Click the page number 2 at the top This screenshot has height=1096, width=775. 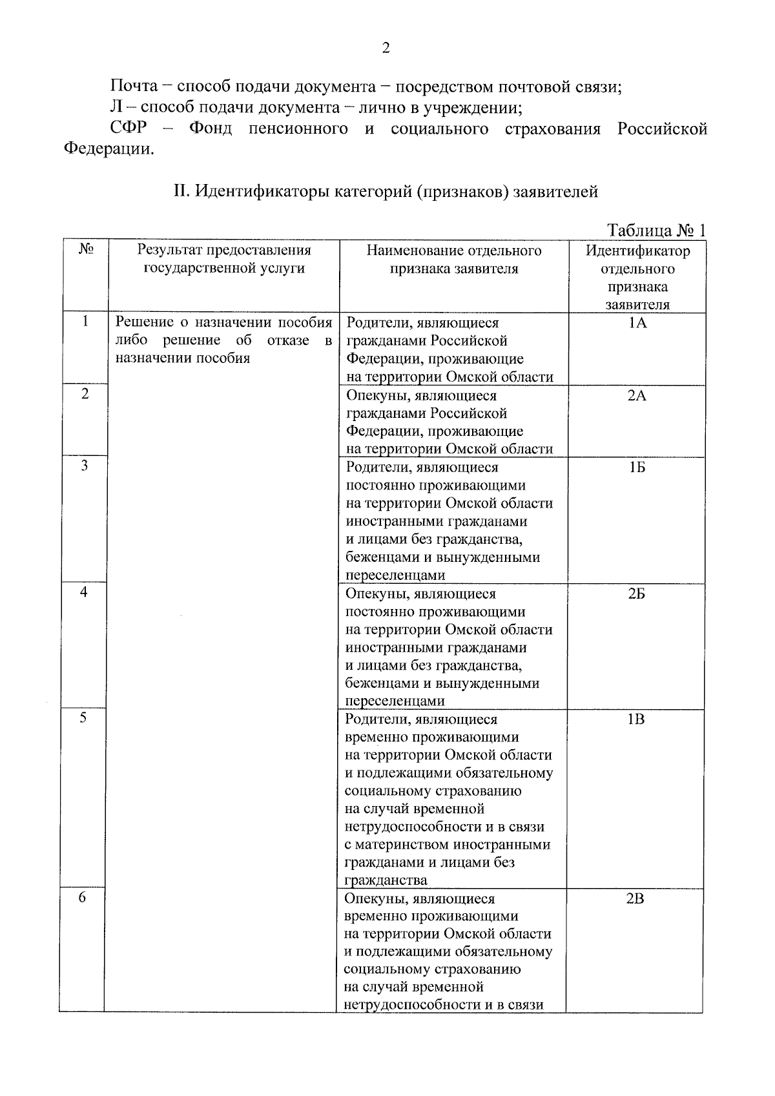(386, 48)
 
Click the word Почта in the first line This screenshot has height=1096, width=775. (134, 87)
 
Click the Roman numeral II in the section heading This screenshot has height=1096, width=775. (180, 192)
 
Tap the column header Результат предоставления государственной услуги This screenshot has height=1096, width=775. (224, 259)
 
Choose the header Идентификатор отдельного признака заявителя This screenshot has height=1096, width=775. (637, 277)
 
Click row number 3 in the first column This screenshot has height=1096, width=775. (85, 466)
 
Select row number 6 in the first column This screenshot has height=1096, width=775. (83, 897)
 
